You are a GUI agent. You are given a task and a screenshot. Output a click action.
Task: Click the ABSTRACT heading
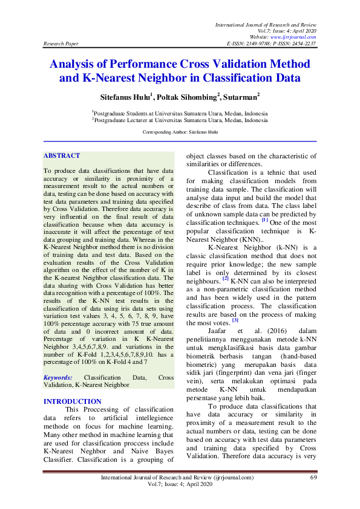click(x=62, y=156)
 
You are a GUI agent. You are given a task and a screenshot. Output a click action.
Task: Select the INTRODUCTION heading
click(x=73, y=401)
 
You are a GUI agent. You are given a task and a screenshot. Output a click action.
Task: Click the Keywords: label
click(x=58, y=378)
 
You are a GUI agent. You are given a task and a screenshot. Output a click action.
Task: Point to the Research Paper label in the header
click(x=61, y=44)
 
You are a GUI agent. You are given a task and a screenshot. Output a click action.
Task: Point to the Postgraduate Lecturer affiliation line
click(x=180, y=120)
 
